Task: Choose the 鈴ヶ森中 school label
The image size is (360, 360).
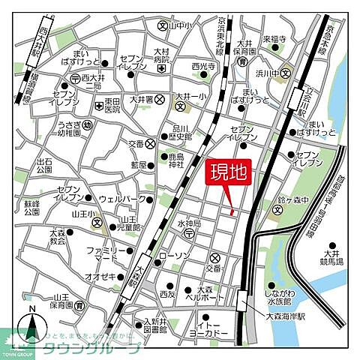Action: coord(292,200)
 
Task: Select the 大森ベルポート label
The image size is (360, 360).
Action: coord(206,293)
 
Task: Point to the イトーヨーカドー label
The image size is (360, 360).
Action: coord(210,328)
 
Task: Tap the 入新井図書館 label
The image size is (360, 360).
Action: coord(160,325)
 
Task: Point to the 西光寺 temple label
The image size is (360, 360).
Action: coord(204,66)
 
